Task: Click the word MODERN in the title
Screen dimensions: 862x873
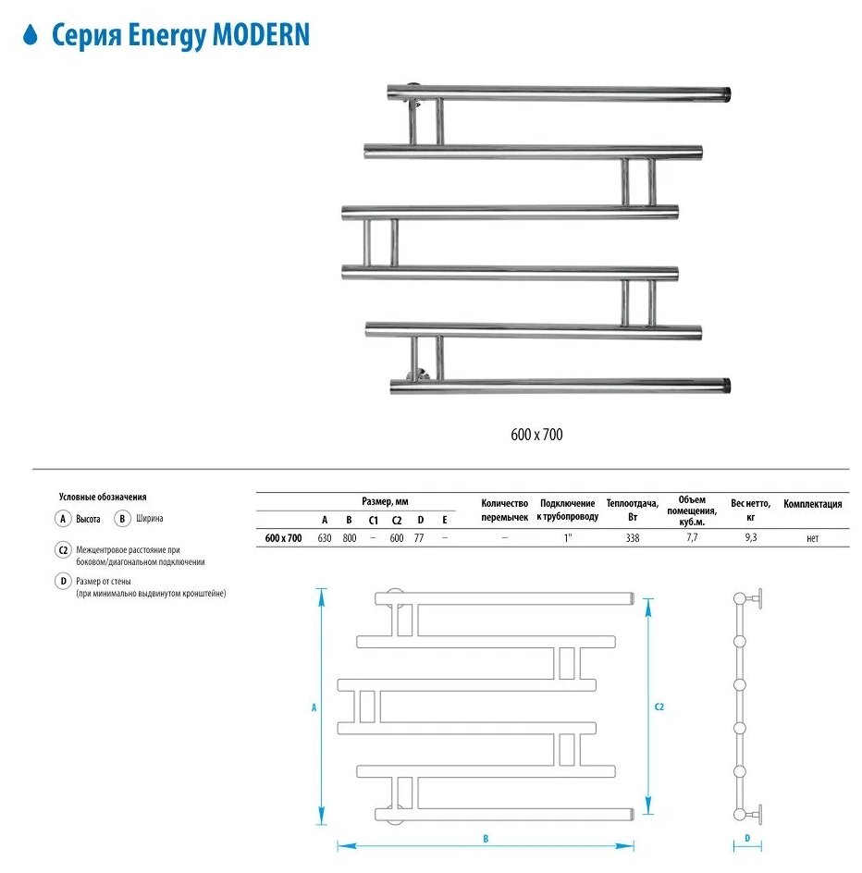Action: pyautogui.click(x=262, y=36)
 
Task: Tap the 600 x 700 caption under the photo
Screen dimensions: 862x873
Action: pyautogui.click(x=536, y=435)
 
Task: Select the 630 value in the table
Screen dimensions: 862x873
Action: pyautogui.click(x=325, y=538)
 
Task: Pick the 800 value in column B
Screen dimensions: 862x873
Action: pyautogui.click(x=350, y=538)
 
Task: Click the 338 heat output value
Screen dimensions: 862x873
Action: pyautogui.click(x=632, y=538)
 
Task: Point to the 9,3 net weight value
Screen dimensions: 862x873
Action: pyautogui.click(x=750, y=538)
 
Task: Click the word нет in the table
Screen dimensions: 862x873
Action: pyautogui.click(x=812, y=538)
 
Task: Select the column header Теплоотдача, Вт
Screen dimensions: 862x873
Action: pyautogui.click(x=633, y=510)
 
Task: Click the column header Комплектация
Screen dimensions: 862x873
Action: pyautogui.click(x=812, y=505)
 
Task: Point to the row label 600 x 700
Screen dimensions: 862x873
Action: pyautogui.click(x=283, y=538)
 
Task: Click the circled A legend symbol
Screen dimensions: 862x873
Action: pyautogui.click(x=63, y=520)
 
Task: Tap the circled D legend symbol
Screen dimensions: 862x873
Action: pyautogui.click(x=63, y=581)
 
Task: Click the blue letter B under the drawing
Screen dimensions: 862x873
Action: pyautogui.click(x=485, y=838)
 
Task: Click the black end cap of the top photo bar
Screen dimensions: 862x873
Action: pyautogui.click(x=728, y=92)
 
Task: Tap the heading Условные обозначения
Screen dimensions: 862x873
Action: pyautogui.click(x=103, y=497)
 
